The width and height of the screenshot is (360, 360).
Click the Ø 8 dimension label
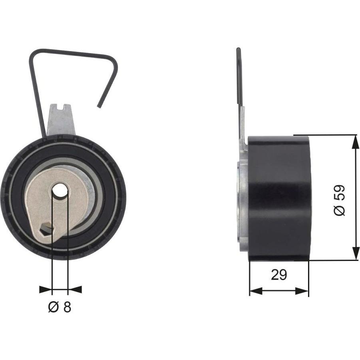click(60, 307)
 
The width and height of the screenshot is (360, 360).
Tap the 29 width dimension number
click(279, 274)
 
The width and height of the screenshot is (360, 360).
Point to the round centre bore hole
click(60, 190)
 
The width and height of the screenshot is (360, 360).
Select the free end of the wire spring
click(99, 106)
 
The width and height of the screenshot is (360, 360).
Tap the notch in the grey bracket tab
click(61, 106)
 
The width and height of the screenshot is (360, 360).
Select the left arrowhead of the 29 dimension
click(256, 291)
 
